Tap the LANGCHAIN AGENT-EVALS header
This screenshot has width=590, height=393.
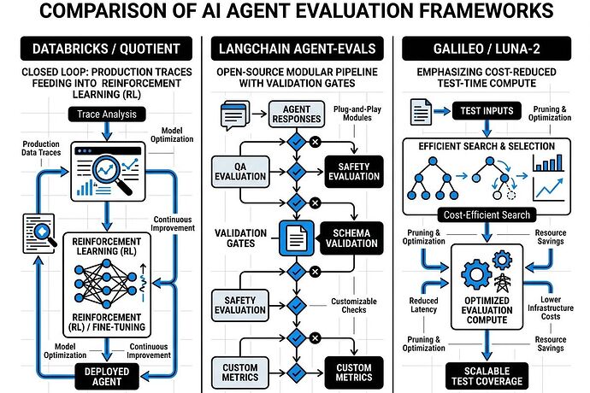[295, 50]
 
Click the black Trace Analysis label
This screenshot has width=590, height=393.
[103, 113]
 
